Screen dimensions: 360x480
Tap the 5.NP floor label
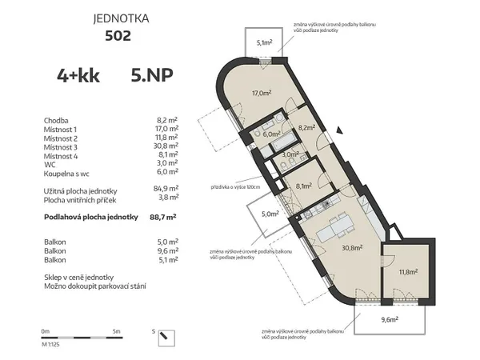[x=150, y=76]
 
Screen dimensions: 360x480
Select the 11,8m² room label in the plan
[x=409, y=271]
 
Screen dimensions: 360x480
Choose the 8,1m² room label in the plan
[x=304, y=185]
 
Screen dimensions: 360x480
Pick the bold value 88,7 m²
[x=163, y=217]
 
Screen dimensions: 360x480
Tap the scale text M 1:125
[x=50, y=343]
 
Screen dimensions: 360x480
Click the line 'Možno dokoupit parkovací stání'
[x=94, y=286]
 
